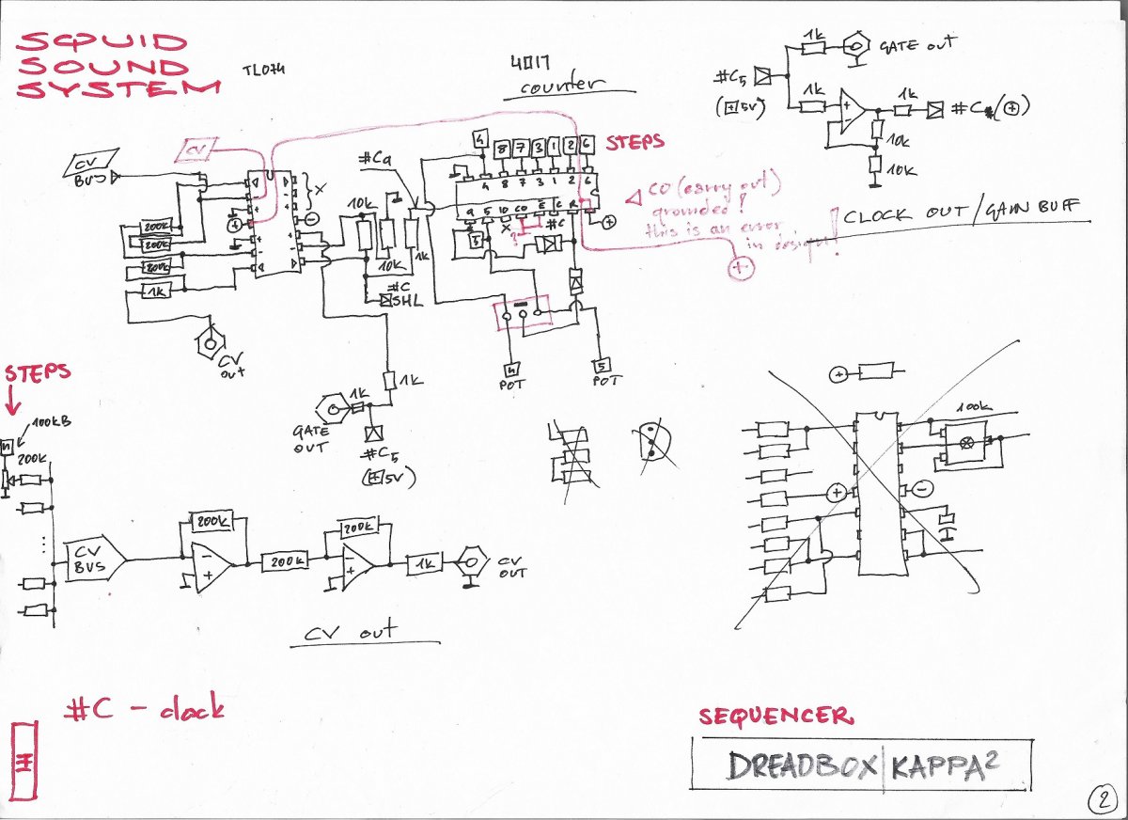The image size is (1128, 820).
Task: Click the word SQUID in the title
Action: tap(97, 42)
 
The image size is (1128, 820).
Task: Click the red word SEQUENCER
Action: tap(775, 717)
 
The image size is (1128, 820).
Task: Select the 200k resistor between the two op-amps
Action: tap(285, 561)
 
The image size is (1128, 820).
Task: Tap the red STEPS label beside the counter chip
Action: tap(635, 143)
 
